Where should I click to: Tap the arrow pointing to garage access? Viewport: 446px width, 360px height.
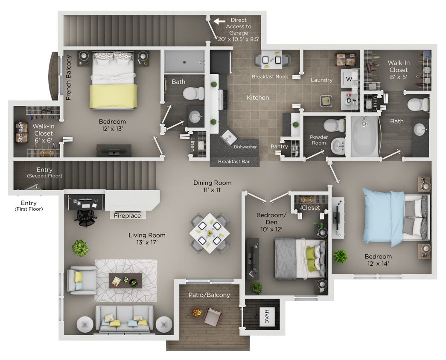click(x=219, y=21)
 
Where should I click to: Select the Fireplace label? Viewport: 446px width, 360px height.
click(x=127, y=216)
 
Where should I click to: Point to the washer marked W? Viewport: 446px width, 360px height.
click(x=348, y=78)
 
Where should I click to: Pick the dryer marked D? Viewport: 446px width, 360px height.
click(x=348, y=101)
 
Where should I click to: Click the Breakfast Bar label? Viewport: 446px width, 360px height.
click(x=233, y=162)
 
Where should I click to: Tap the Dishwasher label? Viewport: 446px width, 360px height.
click(x=245, y=147)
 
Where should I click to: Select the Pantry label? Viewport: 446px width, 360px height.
click(x=279, y=146)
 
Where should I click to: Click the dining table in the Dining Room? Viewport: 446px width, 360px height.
click(x=209, y=232)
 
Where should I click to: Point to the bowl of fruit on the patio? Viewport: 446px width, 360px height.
click(x=196, y=313)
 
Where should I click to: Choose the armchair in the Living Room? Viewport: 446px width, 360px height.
click(x=82, y=280)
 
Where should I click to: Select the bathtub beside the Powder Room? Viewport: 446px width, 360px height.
click(x=364, y=136)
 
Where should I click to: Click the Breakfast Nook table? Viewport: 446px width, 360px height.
click(x=272, y=60)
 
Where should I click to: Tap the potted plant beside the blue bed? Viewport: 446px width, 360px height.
click(x=340, y=256)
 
